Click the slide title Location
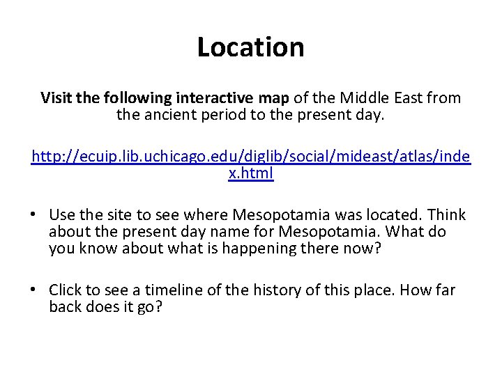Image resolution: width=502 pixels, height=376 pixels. (x=251, y=47)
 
